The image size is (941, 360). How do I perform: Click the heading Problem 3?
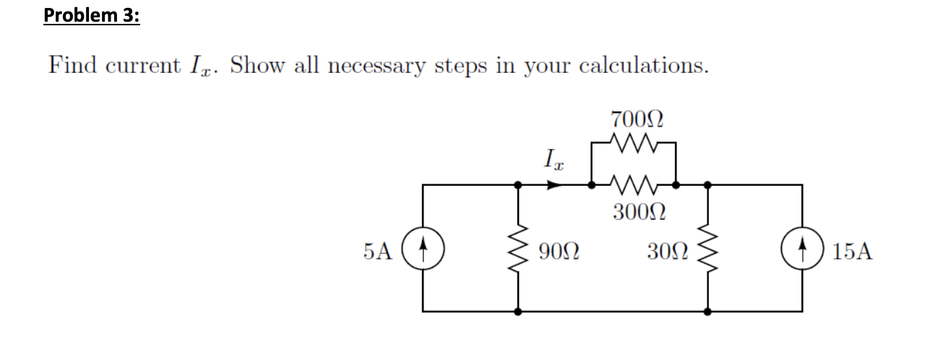point(90,15)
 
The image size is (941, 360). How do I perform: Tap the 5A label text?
point(379,252)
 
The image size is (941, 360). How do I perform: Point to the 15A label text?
point(851,252)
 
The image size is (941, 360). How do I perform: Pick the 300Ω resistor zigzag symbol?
point(633,185)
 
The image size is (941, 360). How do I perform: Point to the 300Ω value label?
point(634,213)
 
